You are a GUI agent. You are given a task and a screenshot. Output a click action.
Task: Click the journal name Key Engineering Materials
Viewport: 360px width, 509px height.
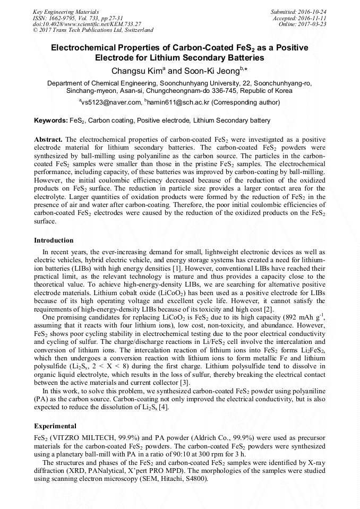(66, 11)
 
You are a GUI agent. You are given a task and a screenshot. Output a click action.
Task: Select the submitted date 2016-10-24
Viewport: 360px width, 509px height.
(312, 11)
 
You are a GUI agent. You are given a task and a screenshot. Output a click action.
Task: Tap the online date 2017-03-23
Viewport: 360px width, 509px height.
(312, 24)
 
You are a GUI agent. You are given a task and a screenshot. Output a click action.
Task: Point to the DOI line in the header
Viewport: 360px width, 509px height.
(87, 24)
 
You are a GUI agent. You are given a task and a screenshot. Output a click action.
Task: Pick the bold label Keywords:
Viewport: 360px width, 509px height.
(50, 120)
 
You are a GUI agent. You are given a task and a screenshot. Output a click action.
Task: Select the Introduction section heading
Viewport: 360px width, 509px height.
(54, 240)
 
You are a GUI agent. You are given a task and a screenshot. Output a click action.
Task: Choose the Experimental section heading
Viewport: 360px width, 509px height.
(55, 426)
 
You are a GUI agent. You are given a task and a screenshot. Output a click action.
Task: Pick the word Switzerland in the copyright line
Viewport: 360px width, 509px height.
(135, 30)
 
